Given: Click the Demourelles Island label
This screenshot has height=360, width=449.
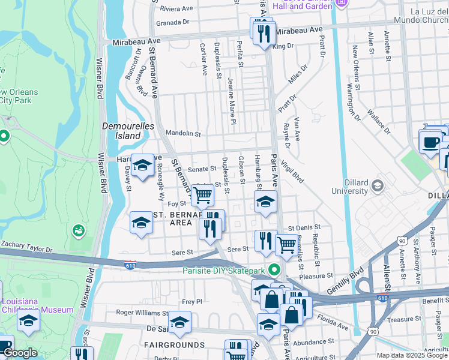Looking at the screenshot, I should (128, 131).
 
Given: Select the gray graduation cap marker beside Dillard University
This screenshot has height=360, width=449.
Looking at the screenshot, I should (378, 185).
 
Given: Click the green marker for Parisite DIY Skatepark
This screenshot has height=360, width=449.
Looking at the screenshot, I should (274, 269).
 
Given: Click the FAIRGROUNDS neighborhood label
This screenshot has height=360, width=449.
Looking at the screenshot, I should (166, 345).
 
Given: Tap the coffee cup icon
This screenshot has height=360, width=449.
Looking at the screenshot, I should (430, 143).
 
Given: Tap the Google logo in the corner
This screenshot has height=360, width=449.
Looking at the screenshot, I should (20, 353).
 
